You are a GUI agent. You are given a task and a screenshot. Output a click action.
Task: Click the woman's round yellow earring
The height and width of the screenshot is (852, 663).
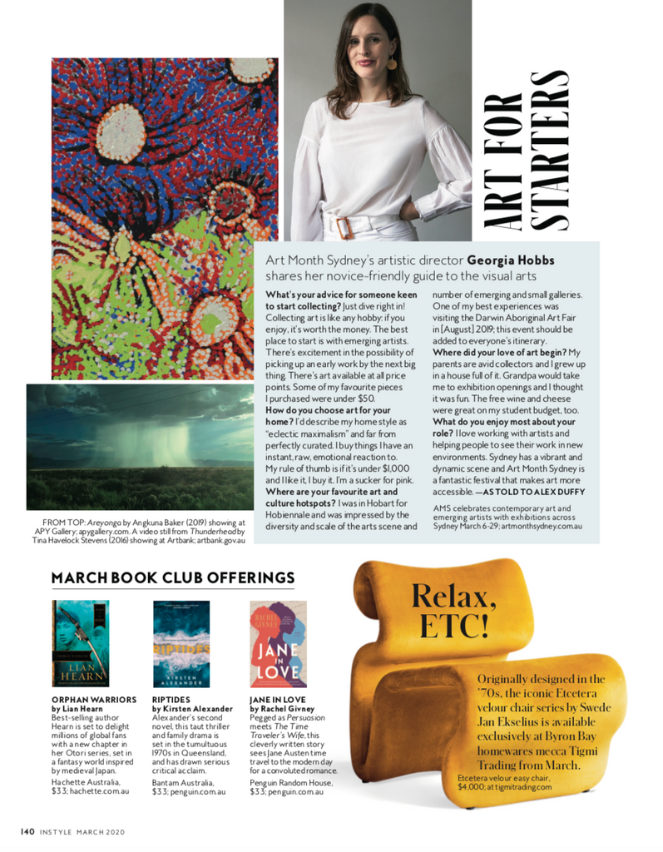(391, 62)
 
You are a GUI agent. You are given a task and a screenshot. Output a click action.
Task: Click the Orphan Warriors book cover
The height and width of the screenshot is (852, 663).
(80, 643)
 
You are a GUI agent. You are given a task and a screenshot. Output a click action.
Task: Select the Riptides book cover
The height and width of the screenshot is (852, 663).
(181, 643)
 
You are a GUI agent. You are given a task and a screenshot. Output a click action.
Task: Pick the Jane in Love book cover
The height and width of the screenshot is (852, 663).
(278, 643)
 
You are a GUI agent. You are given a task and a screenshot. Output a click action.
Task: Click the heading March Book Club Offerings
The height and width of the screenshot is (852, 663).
(173, 577)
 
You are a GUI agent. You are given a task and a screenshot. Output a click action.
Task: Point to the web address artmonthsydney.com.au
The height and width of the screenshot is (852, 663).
(544, 528)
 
